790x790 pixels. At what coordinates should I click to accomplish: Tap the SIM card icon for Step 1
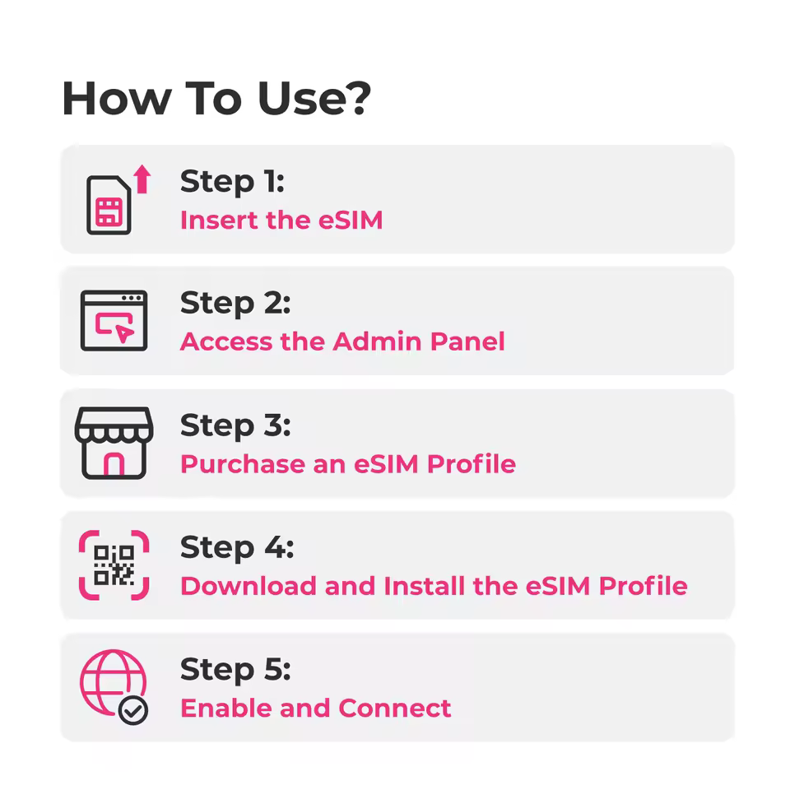tap(109, 205)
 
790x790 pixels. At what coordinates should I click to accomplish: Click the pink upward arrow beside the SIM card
tap(142, 179)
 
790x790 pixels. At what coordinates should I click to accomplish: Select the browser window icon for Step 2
tap(114, 320)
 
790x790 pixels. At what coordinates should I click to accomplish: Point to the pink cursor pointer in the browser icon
tap(124, 332)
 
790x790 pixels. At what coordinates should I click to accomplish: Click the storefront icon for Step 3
tap(114, 443)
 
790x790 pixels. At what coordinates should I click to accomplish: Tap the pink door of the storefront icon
tap(114, 464)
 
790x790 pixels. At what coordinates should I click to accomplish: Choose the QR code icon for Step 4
tap(114, 565)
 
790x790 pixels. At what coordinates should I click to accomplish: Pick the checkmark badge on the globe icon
tap(133, 711)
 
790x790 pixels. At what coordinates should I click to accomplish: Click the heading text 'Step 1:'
tap(232, 182)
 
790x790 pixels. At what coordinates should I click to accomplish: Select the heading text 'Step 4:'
tap(237, 548)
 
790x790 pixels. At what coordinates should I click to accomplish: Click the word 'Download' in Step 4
tap(249, 586)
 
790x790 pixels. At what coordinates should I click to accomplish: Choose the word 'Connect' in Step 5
tap(394, 708)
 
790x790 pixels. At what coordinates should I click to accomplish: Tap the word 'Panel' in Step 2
tap(467, 342)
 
